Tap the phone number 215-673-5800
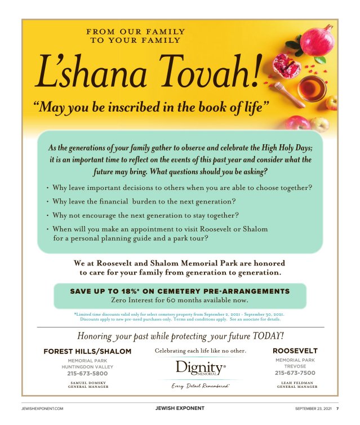point(87,373)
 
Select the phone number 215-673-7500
point(295,373)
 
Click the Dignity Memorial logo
point(201,369)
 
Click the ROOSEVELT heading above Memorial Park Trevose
point(295,351)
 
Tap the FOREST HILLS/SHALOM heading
point(87,351)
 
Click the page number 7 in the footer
point(337,408)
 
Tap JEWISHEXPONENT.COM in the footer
point(42,408)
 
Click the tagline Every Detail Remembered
point(201,386)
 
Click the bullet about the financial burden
point(144,201)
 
